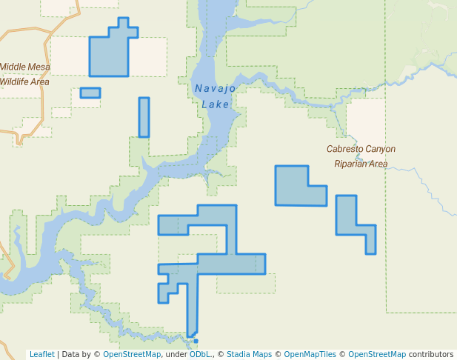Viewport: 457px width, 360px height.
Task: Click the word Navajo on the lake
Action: click(215, 89)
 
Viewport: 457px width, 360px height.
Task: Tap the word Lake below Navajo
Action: click(216, 104)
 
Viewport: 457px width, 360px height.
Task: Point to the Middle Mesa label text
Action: click(24, 67)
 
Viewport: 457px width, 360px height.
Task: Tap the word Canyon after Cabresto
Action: click(380, 149)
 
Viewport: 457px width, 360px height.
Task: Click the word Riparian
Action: click(350, 164)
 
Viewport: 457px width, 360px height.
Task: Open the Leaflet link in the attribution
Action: click(41, 354)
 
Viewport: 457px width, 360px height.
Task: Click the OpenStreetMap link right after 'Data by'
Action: click(131, 354)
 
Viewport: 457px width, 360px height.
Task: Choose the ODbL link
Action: click(199, 354)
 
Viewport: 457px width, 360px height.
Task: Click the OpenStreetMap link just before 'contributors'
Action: click(376, 354)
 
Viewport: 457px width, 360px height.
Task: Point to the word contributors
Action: click(430, 354)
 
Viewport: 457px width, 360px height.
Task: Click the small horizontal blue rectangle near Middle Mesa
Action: click(90, 93)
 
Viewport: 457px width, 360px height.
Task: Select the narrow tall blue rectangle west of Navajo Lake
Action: click(144, 117)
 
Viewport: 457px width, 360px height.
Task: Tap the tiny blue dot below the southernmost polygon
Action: click(196, 341)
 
